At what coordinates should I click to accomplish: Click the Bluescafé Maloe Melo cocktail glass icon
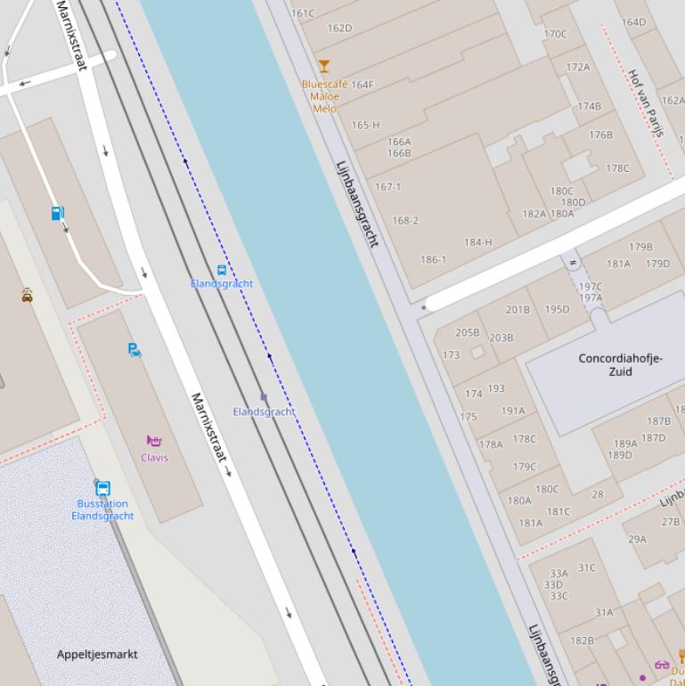324,66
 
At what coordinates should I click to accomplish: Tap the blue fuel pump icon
58,214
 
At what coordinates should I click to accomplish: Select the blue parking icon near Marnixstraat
135,350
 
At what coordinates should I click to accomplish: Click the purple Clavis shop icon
154,441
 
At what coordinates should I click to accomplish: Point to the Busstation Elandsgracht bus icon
102,488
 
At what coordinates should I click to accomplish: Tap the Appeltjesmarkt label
97,654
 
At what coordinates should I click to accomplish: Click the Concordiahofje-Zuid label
620,364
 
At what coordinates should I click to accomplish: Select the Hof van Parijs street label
646,102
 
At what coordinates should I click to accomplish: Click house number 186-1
433,260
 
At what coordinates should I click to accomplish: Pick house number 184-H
477,242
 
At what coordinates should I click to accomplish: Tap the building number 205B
468,332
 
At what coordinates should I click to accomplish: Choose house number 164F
363,86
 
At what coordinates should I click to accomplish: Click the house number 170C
555,35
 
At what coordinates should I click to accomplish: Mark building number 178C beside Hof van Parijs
617,168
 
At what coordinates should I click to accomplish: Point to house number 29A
637,539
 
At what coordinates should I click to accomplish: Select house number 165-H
365,126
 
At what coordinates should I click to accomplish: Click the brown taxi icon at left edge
28,295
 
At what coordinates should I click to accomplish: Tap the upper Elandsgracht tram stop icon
222,270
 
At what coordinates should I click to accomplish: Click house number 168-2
405,221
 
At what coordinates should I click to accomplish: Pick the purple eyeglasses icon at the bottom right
661,664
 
